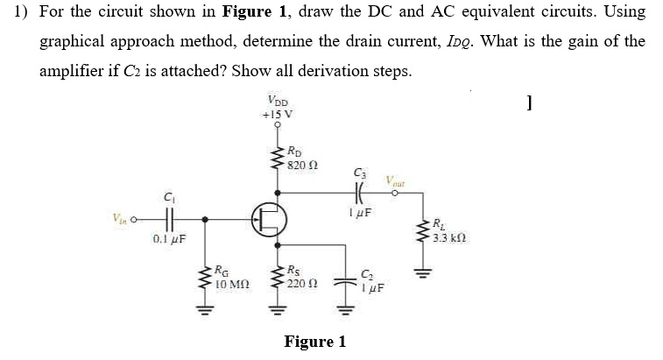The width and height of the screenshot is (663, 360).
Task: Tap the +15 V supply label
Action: pos(277,113)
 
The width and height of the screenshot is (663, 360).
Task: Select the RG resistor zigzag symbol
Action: pos(207,279)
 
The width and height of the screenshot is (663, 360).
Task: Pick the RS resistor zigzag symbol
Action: pos(278,279)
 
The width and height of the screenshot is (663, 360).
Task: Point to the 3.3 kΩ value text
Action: pos(448,238)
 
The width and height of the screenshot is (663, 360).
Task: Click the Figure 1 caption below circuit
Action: pos(315,342)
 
